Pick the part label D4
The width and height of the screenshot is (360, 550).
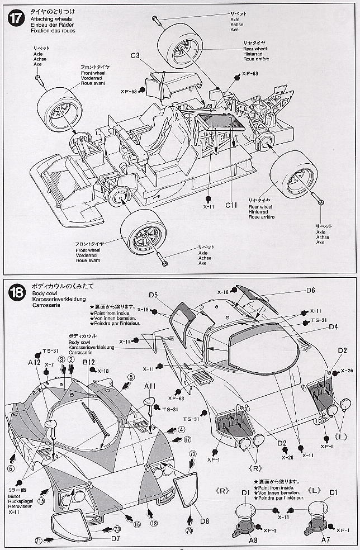[x=333, y=327]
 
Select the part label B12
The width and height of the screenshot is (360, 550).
[x=88, y=362]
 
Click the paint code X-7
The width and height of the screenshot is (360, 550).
[x=49, y=364]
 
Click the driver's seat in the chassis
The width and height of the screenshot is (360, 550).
[x=151, y=126]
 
